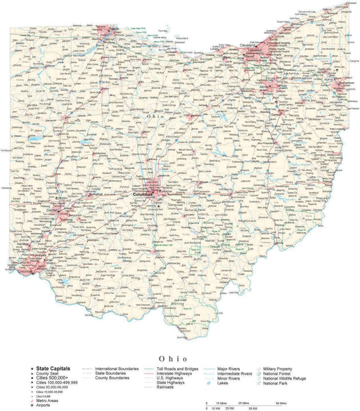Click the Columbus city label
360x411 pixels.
point(143,194)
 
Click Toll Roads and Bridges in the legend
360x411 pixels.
point(178,368)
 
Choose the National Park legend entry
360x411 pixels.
point(276,383)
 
